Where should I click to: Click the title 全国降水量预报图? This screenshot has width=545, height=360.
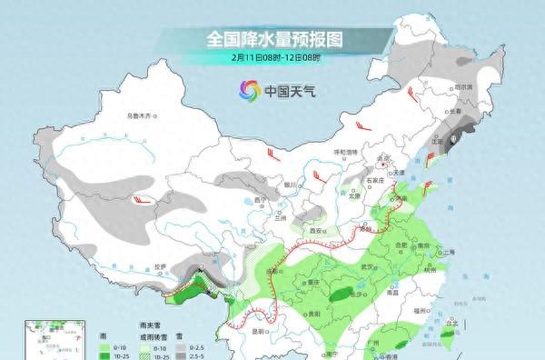pos(272,39)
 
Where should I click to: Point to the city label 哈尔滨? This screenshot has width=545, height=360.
pos(464,86)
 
